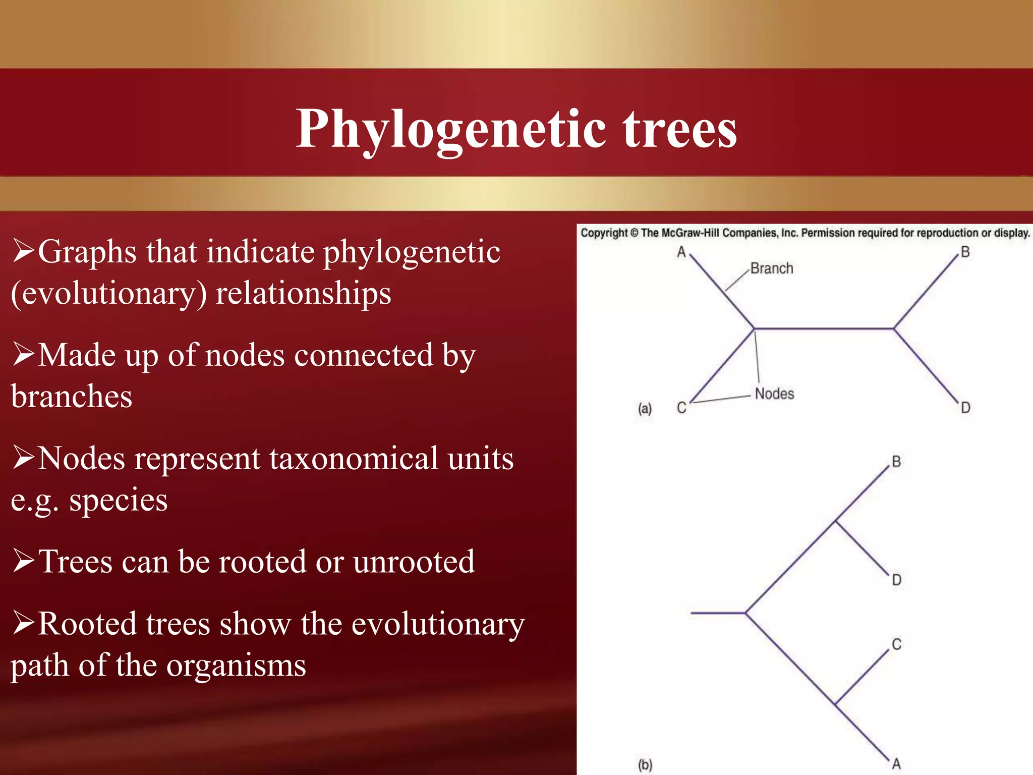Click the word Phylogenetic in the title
450,129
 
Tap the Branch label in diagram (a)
771,268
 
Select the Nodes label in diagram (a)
774,394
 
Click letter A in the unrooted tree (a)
681,252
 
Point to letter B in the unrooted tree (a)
965,252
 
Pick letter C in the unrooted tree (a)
681,408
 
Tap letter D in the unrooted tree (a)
965,408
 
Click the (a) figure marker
645,408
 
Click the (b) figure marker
645,764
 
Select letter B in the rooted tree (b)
896,462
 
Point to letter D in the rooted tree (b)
896,580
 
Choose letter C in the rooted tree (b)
896,644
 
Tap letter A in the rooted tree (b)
896,764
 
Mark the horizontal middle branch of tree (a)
823,328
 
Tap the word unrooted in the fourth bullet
414,562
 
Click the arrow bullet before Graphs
24,251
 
